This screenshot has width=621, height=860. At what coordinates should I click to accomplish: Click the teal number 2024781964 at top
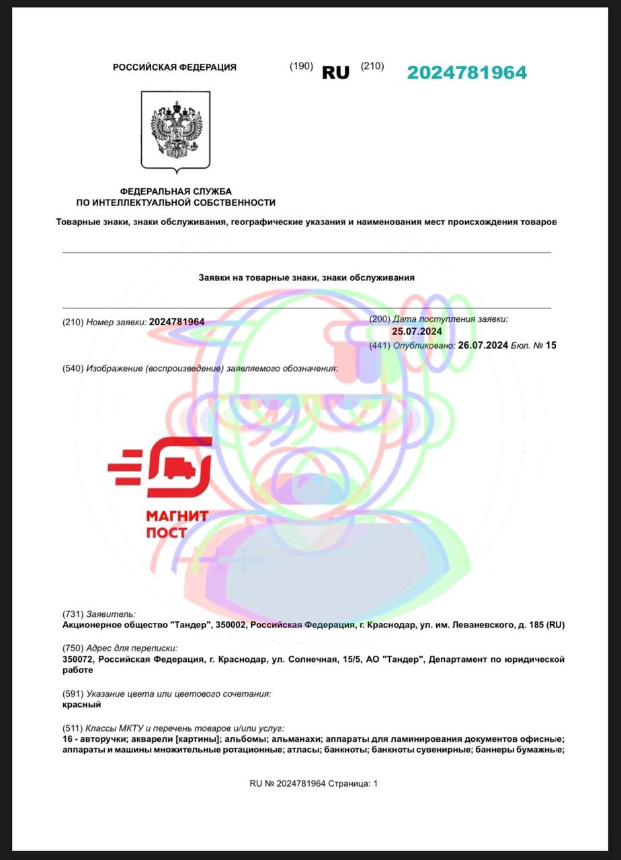pos(466,73)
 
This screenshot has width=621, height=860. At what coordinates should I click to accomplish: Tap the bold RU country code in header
pos(336,73)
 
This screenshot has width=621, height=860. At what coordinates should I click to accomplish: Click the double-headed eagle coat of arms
pos(175,130)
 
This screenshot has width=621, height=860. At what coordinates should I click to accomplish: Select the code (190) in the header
pos(301,66)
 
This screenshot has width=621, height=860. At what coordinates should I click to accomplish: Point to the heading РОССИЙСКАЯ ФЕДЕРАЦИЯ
pos(175,67)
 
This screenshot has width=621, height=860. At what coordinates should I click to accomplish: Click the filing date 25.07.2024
pos(417,331)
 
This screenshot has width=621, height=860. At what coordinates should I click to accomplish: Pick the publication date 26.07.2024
pos(483,345)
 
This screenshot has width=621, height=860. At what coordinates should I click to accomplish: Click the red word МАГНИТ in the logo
pos(177,516)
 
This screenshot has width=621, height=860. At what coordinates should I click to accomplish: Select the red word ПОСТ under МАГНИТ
pos(167,533)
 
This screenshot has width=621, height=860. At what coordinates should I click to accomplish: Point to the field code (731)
pos(72,613)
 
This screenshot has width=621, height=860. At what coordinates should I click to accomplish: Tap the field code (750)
pos(72,648)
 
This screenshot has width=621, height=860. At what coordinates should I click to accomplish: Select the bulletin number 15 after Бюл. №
pos(551,345)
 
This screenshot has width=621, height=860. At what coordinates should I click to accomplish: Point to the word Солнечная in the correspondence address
pos(313,660)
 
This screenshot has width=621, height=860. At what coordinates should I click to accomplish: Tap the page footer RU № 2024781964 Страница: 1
pos(313,783)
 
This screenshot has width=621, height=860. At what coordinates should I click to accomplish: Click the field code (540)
pos(72,368)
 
